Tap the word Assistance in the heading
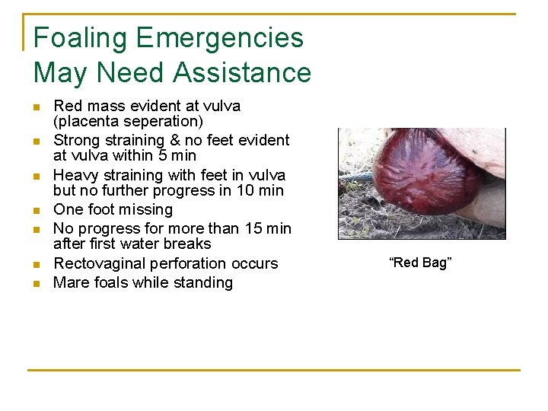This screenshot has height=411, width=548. [x=242, y=73]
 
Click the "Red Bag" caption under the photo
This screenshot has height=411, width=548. [x=421, y=263]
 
